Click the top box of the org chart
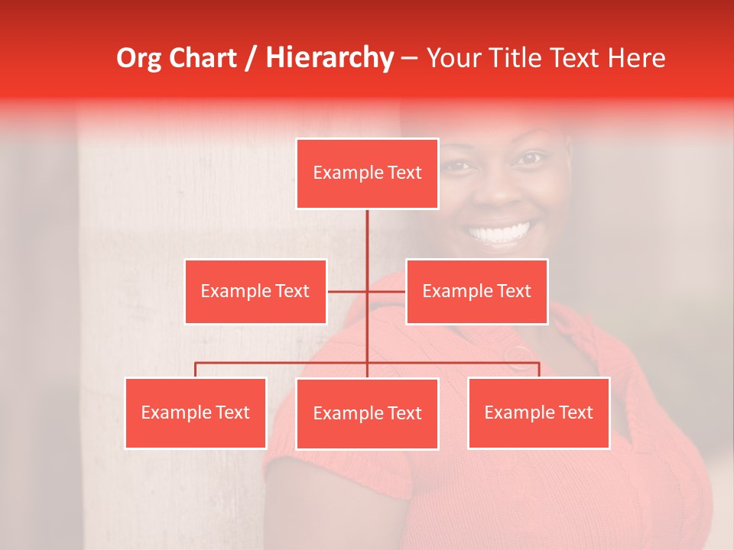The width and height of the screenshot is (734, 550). (367, 173)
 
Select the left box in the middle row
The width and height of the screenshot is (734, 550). (255, 291)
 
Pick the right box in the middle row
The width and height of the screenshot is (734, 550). (476, 291)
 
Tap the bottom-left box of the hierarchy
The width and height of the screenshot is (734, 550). (196, 412)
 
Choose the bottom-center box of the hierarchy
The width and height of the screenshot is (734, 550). (367, 413)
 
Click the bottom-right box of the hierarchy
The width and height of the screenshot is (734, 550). (538, 412)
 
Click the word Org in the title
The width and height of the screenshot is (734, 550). (138, 58)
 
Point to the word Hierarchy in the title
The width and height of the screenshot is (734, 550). (330, 58)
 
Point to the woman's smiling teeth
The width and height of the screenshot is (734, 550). (500, 231)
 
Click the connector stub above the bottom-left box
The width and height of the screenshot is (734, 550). (196, 370)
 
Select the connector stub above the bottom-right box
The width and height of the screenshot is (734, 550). (539, 370)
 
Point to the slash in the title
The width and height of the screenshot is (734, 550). (252, 58)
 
